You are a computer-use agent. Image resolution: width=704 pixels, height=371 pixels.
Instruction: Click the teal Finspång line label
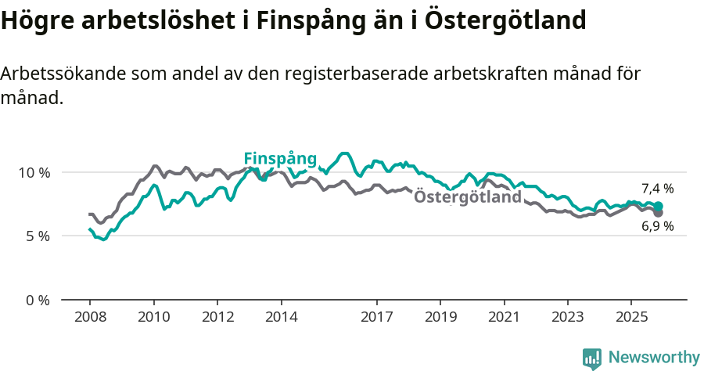pyautogui.click(x=280, y=159)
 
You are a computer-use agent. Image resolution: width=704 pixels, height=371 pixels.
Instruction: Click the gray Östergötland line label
pyautogui.click(x=467, y=197)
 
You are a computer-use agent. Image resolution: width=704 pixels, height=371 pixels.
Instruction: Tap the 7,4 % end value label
pyautogui.click(x=657, y=189)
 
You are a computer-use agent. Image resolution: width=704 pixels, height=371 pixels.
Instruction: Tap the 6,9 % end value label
pyautogui.click(x=657, y=226)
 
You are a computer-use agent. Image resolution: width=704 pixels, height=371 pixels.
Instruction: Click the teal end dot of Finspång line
pyautogui.click(x=659, y=206)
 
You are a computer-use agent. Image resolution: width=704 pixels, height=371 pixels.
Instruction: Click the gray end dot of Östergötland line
pyautogui.click(x=659, y=213)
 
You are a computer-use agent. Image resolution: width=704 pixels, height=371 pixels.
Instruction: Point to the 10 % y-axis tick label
pyautogui.click(x=34, y=172)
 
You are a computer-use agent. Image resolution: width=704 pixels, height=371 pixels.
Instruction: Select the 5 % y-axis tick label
pyautogui.click(x=37, y=236)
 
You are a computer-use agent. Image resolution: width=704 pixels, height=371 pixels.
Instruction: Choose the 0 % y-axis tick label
pyautogui.click(x=37, y=300)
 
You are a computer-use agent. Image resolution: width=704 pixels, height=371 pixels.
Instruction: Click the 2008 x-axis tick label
pyautogui.click(x=90, y=318)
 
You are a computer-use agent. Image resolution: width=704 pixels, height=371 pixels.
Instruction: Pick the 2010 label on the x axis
pyautogui.click(x=153, y=318)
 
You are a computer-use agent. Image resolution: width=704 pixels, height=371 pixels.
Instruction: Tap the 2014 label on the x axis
pyautogui.click(x=281, y=318)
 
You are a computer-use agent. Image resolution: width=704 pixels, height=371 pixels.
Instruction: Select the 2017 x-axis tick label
pyautogui.click(x=376, y=318)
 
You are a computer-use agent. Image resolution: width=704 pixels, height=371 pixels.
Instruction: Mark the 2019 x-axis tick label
pyautogui.click(x=440, y=318)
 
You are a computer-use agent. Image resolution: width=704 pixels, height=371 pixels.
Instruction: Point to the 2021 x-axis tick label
pyautogui.click(x=504, y=318)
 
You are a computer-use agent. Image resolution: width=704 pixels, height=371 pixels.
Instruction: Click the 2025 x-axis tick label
pyautogui.click(x=631, y=318)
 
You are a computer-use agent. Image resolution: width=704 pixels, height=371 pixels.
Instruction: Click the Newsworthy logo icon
pyautogui.click(x=592, y=358)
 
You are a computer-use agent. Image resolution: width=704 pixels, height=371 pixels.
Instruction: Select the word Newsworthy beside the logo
pyautogui.click(x=653, y=358)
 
